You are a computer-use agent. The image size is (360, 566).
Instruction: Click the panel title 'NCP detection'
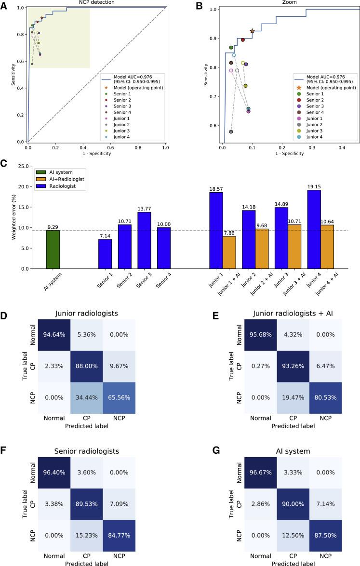96,3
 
